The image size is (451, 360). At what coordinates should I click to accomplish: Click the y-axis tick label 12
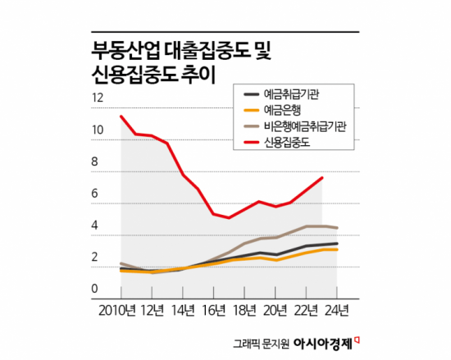[x=100, y=98]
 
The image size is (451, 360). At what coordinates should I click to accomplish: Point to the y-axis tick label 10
[x=100, y=130]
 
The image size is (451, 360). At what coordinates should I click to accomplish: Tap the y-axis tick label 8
[x=98, y=162]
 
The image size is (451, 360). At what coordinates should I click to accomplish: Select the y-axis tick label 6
[x=98, y=194]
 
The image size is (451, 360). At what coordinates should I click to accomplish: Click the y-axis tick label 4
[x=98, y=226]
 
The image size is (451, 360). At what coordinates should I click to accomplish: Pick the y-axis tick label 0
[x=98, y=289]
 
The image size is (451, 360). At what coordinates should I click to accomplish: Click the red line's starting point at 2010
[x=121, y=116]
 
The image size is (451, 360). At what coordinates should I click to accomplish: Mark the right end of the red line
[x=322, y=177]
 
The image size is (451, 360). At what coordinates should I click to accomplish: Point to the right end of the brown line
[x=338, y=228]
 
